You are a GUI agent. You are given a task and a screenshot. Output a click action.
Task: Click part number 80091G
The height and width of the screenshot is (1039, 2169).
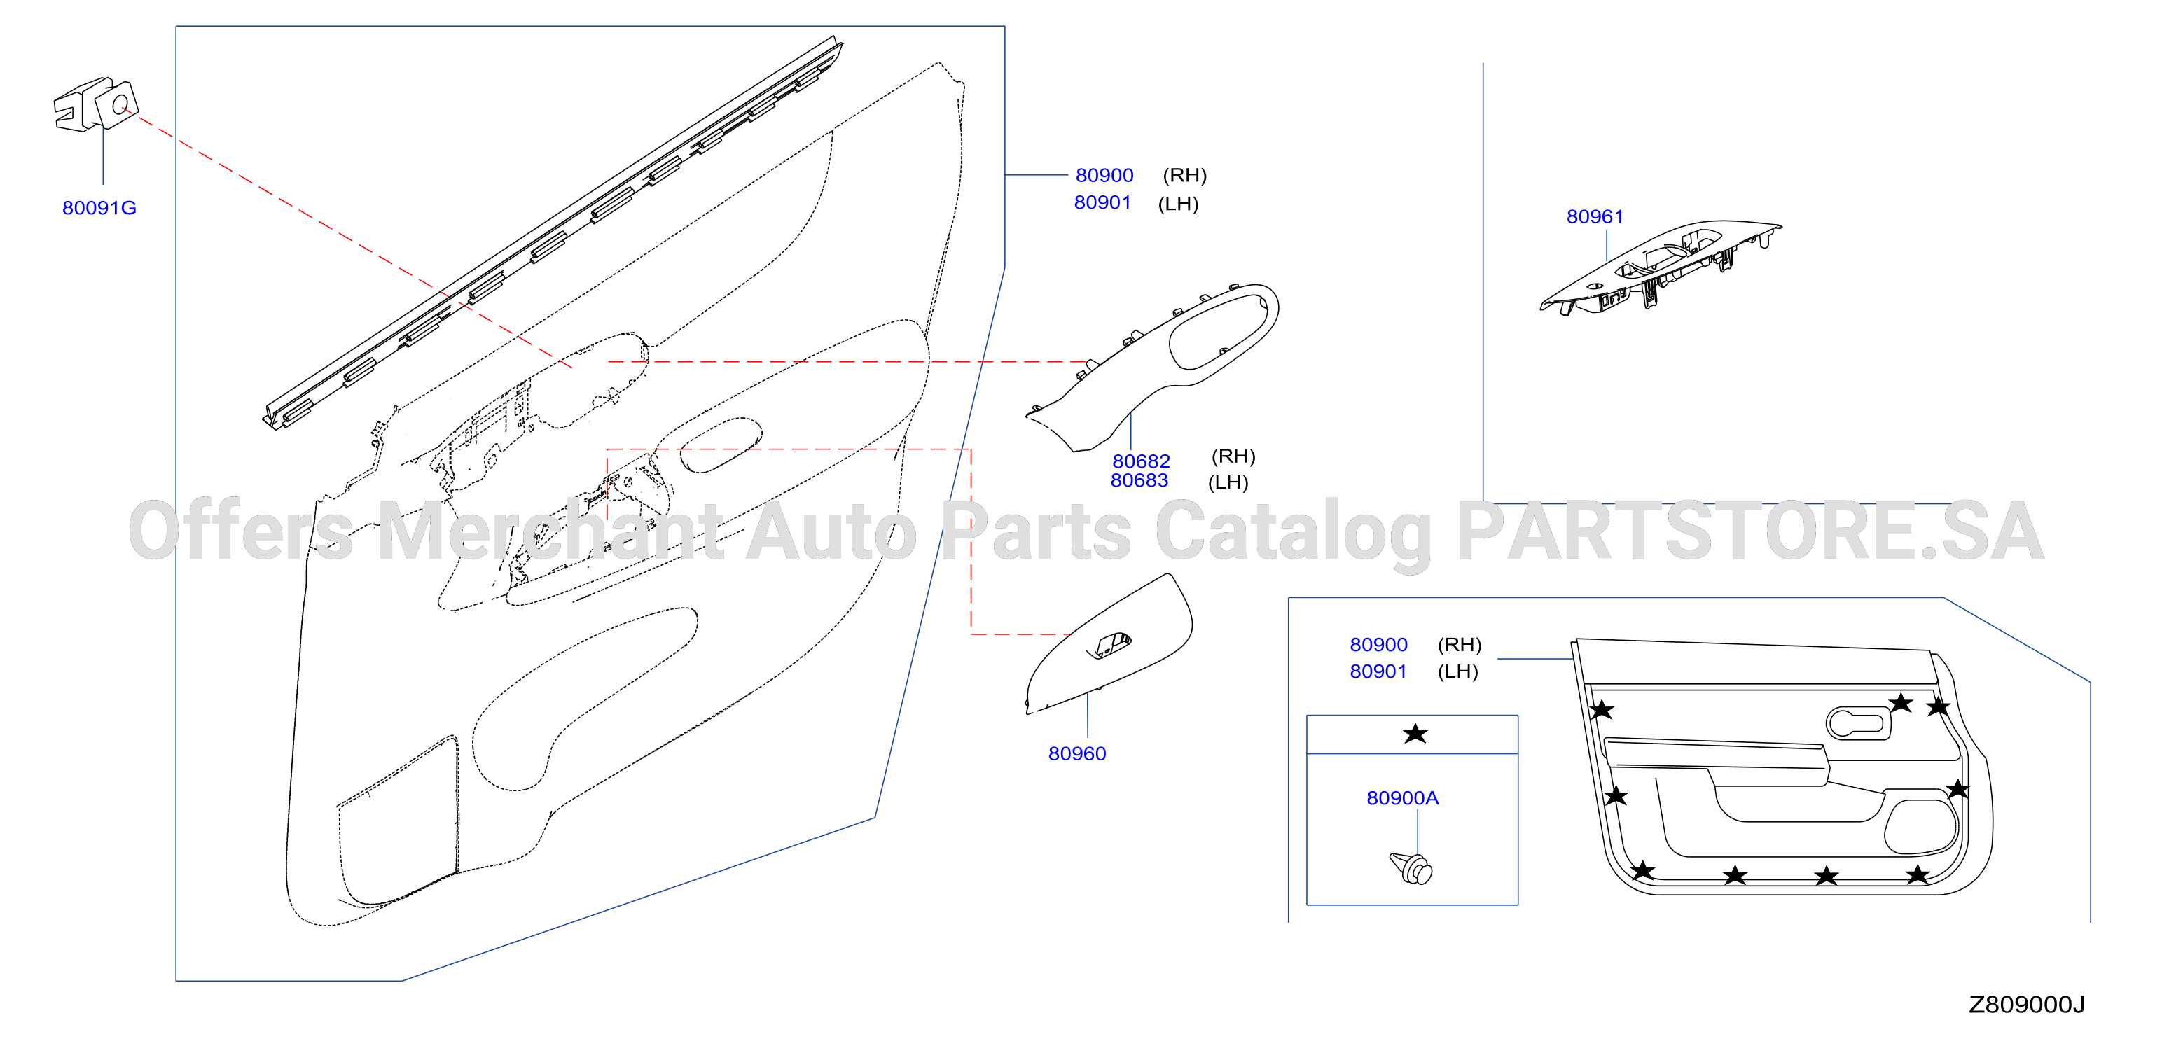point(99,208)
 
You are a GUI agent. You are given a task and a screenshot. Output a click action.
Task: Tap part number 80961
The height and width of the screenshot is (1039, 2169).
point(1595,216)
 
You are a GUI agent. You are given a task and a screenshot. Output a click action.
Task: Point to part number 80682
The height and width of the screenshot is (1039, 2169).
point(1141,461)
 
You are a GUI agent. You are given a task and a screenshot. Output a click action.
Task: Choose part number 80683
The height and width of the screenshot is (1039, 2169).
point(1139,481)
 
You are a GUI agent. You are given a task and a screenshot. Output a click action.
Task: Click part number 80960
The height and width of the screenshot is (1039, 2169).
point(1077,753)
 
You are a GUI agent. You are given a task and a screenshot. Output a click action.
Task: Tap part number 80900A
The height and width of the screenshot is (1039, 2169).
point(1403,798)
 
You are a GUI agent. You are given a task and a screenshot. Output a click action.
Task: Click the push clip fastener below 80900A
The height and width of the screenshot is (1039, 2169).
point(1412,868)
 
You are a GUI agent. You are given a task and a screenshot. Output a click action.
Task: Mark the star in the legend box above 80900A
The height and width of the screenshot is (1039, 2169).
point(1415,733)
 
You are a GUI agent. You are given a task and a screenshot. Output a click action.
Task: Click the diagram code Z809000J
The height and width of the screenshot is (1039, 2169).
point(2027,1005)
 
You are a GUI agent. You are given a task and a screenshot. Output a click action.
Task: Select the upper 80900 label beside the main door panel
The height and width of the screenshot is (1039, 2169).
point(1104,175)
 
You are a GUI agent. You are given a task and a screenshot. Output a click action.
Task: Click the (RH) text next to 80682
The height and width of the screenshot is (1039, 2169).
point(1233,456)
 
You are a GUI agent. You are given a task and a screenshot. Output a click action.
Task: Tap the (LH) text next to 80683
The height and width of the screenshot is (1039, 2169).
point(1228,482)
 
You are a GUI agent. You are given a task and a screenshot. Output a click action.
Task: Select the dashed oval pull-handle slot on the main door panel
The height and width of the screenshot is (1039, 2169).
point(720,445)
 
